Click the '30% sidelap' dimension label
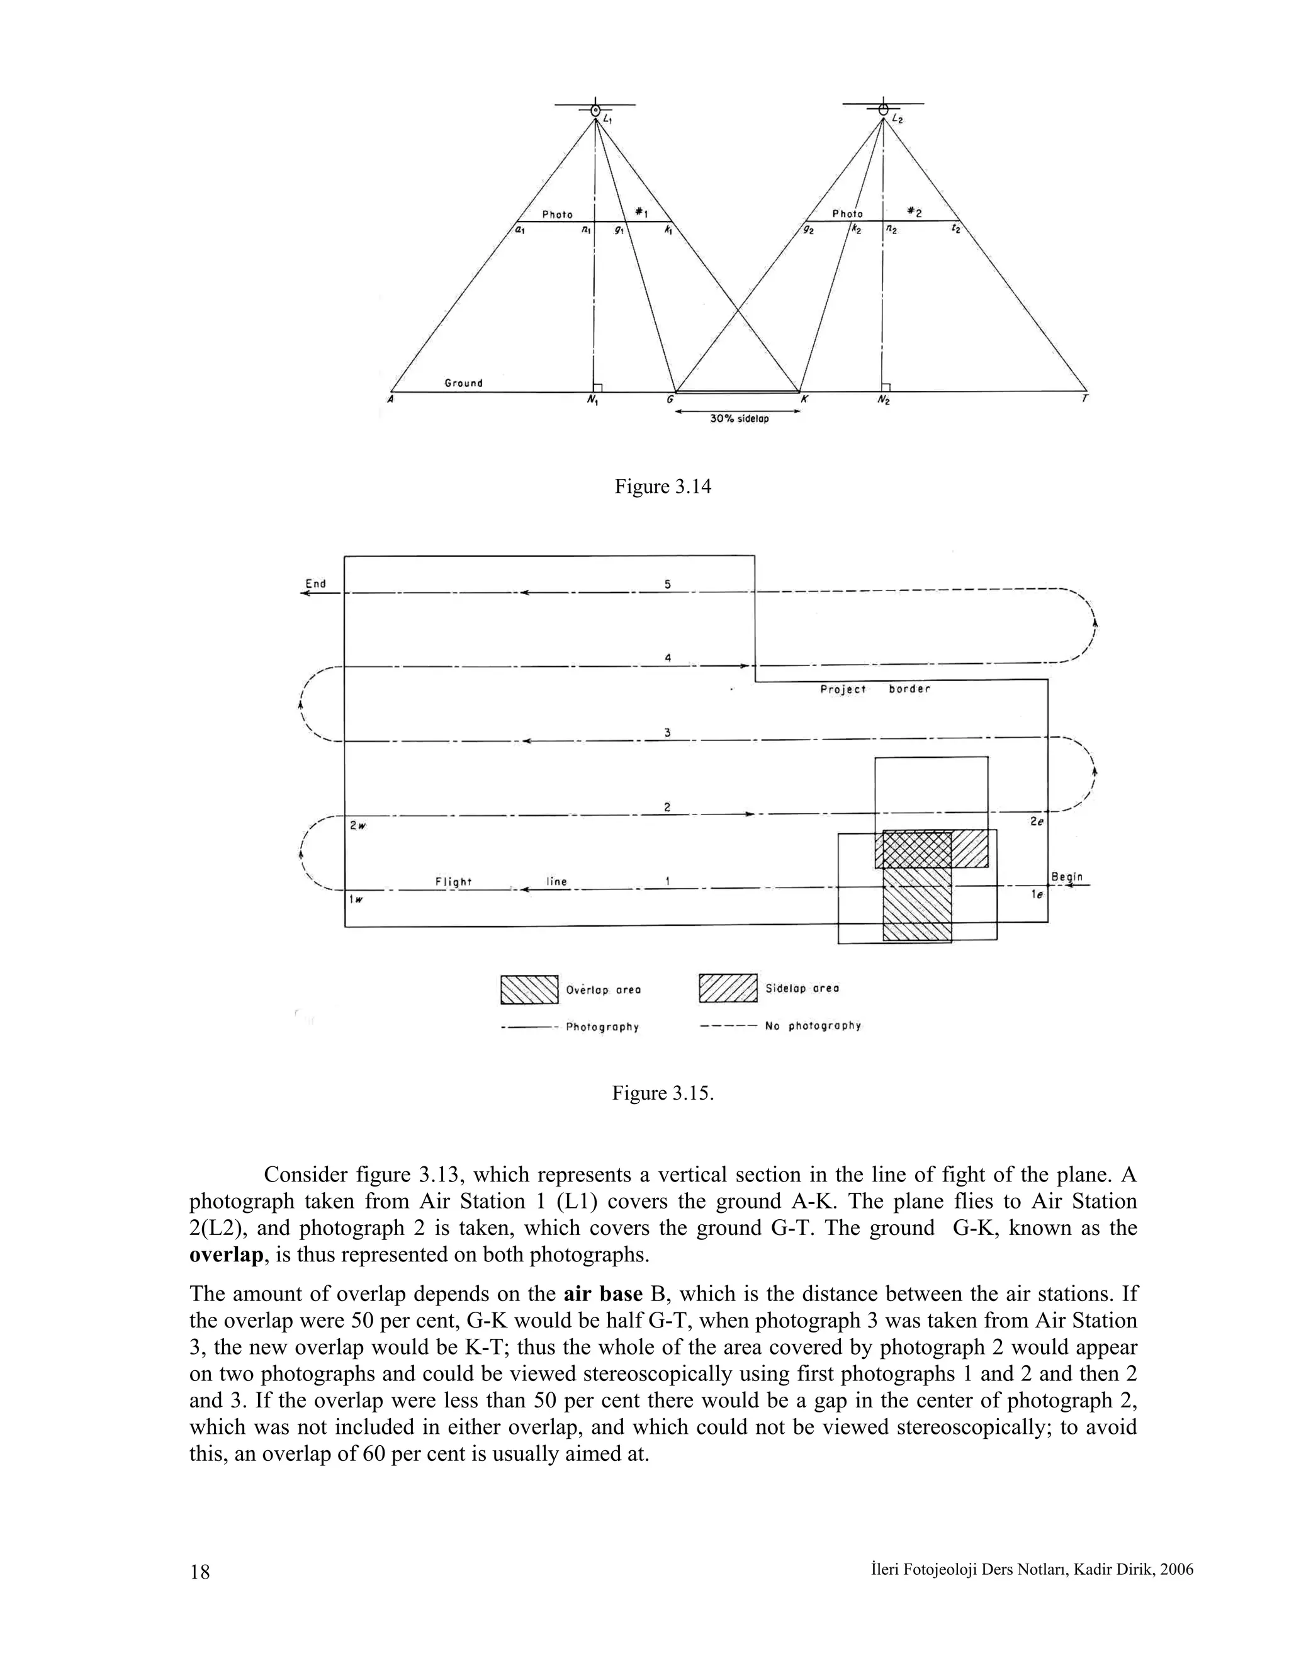[x=738, y=419]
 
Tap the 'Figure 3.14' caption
[x=662, y=487]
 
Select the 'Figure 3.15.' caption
[x=662, y=1093]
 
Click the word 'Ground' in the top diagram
[x=463, y=383]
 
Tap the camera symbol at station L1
[x=595, y=110]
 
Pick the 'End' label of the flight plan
[x=315, y=583]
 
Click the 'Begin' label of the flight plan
[x=1067, y=876]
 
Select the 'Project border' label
[x=875, y=689]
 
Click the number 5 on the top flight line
[x=667, y=584]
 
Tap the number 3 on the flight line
[x=667, y=733]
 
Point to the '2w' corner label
[x=357, y=826]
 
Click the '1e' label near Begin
[x=1036, y=894]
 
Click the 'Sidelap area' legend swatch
[x=728, y=988]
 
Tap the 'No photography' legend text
[x=813, y=1026]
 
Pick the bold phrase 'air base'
[x=602, y=1293]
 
